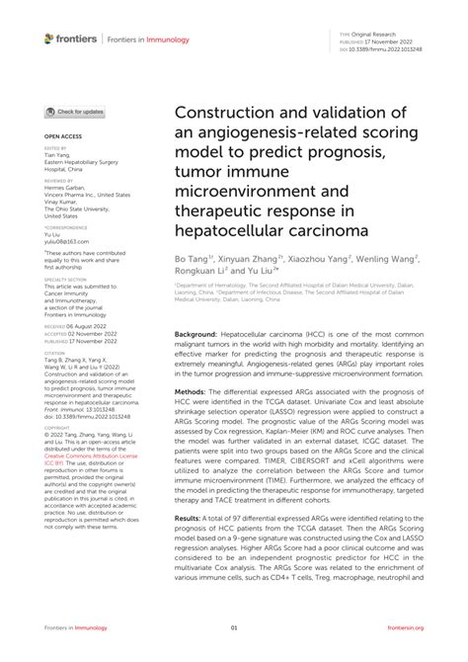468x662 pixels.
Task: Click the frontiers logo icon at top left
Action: coord(49,39)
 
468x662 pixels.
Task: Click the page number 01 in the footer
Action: coord(234,627)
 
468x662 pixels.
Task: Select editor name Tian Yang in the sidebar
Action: coord(57,160)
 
